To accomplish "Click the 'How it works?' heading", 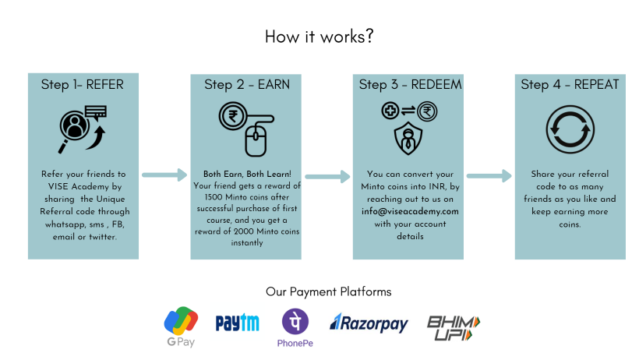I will (x=319, y=36).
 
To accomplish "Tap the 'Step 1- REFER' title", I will (x=83, y=85).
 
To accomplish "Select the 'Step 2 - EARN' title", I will (x=246, y=85).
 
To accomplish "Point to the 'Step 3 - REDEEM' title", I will (x=408, y=85).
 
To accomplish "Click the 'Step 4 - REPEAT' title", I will (x=570, y=85).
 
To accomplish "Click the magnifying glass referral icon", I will (x=82, y=129).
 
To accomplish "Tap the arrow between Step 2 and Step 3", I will (x=327, y=177).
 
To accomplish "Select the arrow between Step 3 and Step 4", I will (x=489, y=177).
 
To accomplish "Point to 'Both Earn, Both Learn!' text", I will (x=246, y=174).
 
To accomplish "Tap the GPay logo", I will (x=180, y=326).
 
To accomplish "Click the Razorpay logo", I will (x=369, y=323).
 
